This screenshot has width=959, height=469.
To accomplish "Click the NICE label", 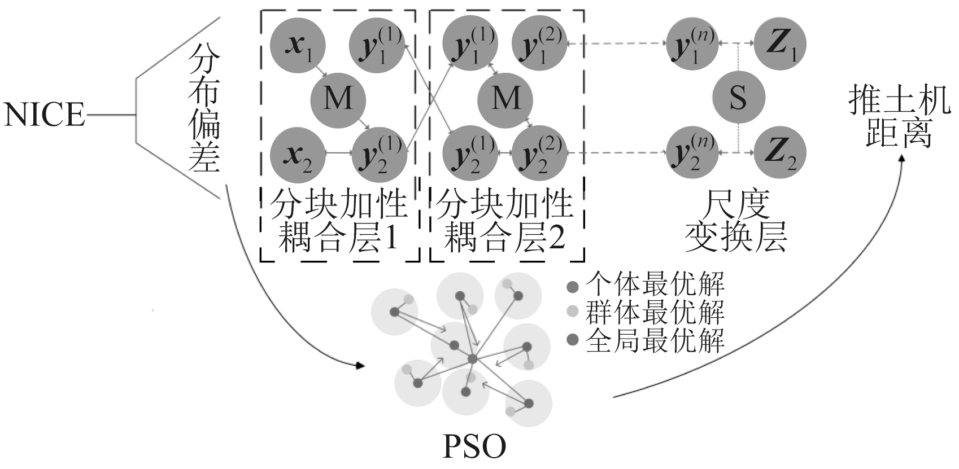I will pyautogui.click(x=44, y=115).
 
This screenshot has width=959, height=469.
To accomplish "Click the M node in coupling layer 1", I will pyautogui.click(x=338, y=99).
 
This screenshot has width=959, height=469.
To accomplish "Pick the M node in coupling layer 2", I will pyautogui.click(x=505, y=99).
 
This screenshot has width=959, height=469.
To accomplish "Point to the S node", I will pyautogui.click(x=738, y=99).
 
